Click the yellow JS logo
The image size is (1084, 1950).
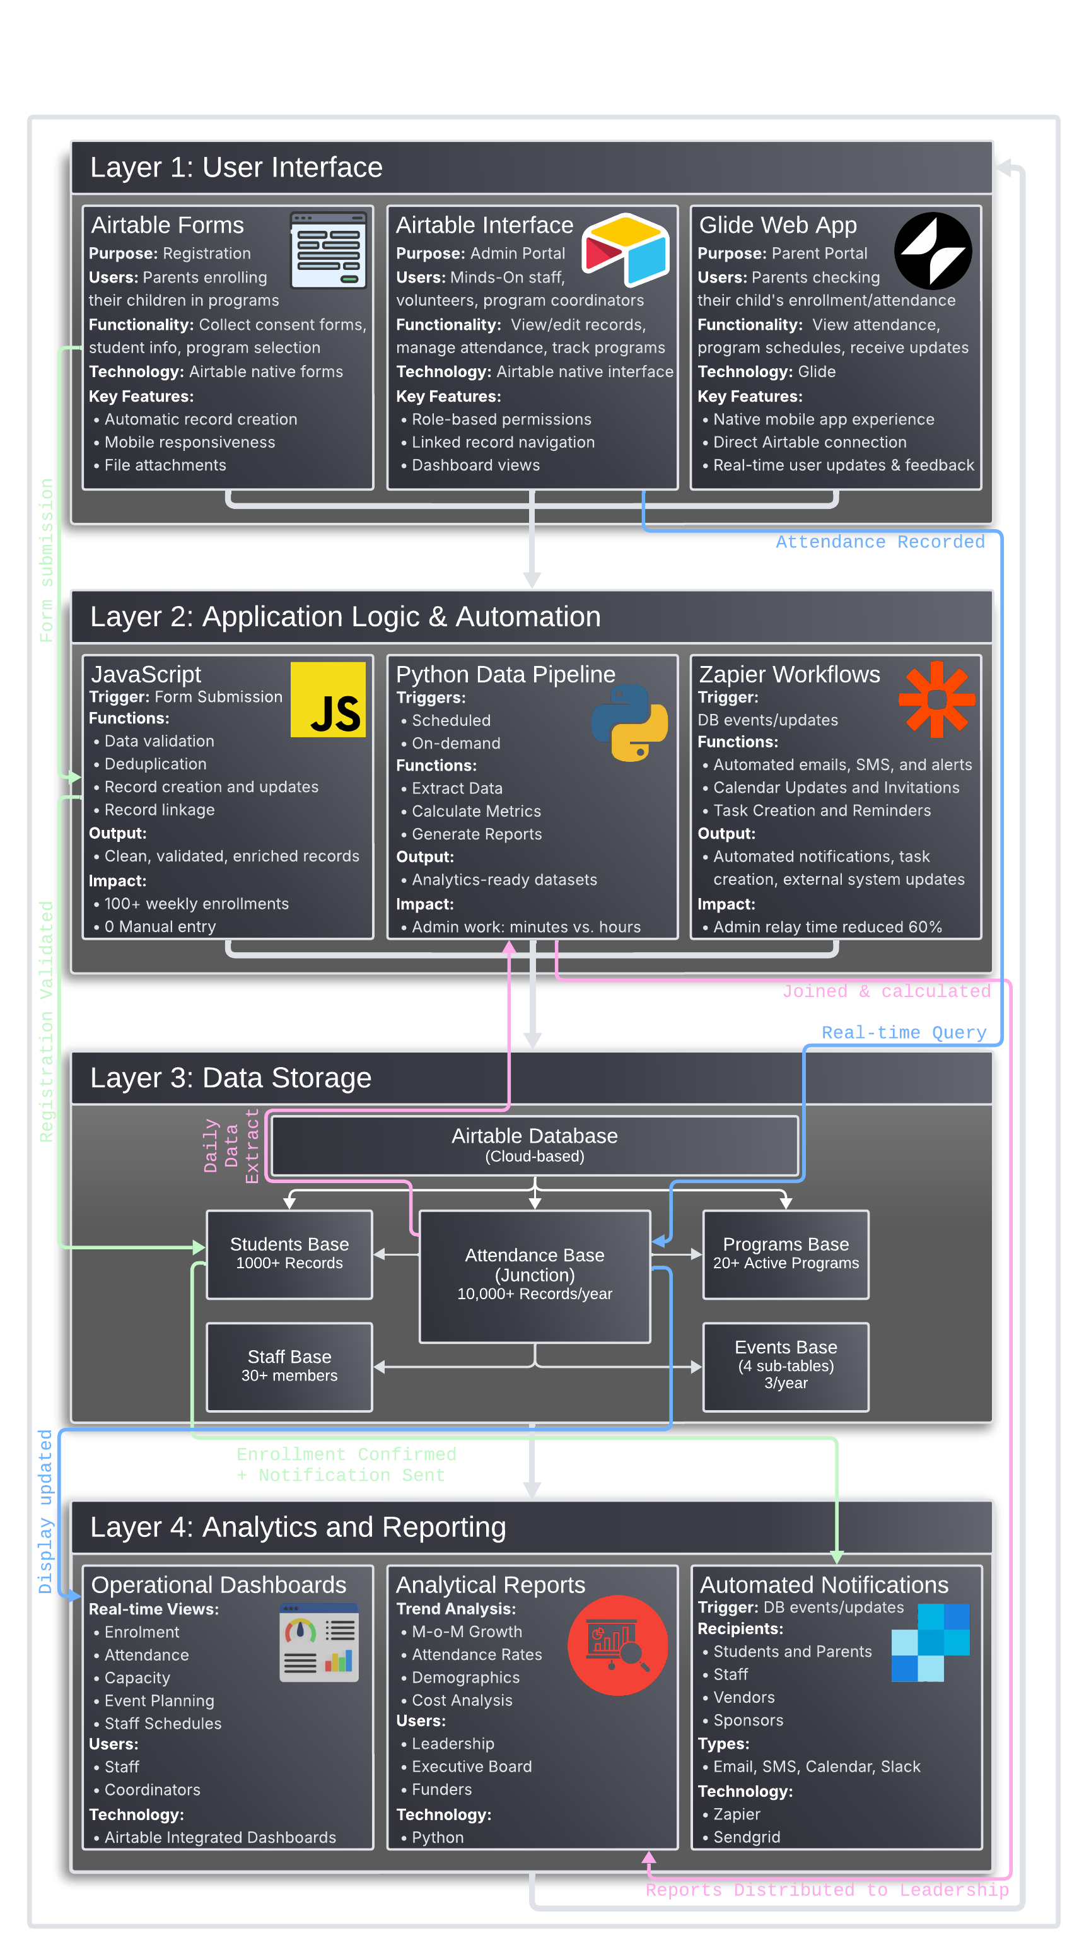coord(328,699)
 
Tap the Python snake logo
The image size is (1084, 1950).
coord(629,722)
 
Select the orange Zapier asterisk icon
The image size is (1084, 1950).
coord(936,699)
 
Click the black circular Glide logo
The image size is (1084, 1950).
coord(933,250)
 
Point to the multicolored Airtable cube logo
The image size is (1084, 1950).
coord(626,250)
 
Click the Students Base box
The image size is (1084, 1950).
coord(289,1254)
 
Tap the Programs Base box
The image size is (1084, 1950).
coord(785,1254)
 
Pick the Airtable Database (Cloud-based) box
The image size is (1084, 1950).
coord(534,1145)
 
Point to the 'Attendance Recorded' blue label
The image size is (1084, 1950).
coord(880,542)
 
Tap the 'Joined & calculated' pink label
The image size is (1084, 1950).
coord(885,991)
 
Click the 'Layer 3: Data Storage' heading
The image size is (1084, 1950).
coord(231,1077)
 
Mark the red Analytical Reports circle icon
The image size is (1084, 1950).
coord(618,1645)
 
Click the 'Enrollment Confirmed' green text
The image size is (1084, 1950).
coord(346,1454)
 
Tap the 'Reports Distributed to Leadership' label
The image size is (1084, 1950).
coord(827,1889)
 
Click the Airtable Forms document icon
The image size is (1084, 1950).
coord(329,250)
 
